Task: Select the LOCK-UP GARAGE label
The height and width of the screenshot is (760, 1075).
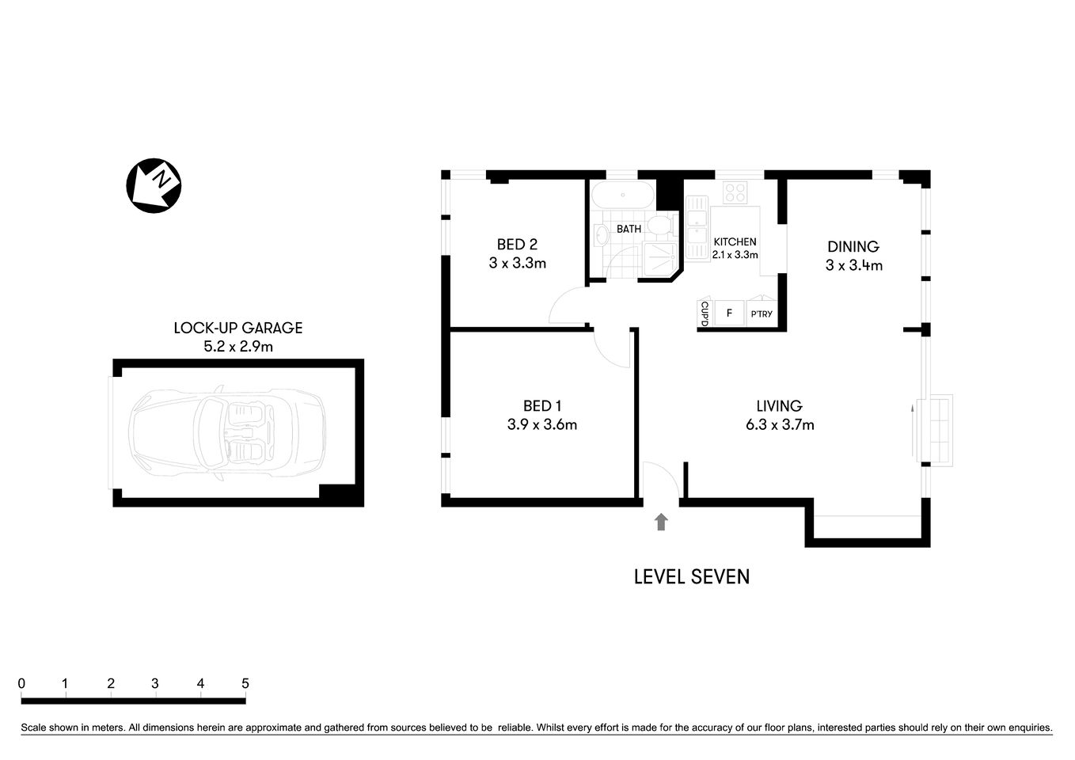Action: pos(238,328)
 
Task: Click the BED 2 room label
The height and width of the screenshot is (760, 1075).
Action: pos(517,245)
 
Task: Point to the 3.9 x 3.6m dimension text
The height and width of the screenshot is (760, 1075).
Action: pos(542,425)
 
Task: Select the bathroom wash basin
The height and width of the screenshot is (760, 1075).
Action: pos(601,234)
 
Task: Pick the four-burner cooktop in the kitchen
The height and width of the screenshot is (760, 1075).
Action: pos(735,192)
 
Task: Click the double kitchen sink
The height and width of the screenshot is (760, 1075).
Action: pos(697,228)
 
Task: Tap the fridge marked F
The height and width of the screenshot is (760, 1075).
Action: pos(729,313)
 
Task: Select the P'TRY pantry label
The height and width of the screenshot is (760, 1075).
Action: pos(762,314)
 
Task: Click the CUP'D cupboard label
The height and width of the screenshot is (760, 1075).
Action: pos(704,313)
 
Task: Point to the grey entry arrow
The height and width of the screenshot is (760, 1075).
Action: pos(661,521)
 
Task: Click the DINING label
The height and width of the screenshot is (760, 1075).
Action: pos(853,247)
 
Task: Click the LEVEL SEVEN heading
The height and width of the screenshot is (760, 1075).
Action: pos(691,577)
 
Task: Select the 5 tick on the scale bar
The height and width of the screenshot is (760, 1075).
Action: pos(245,684)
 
